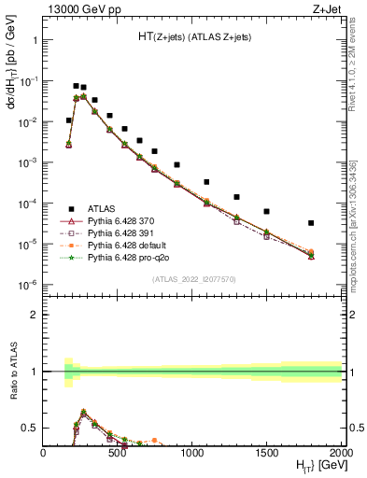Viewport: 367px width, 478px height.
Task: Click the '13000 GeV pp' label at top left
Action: tap(80, 8)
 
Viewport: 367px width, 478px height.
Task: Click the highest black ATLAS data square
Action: tap(77, 86)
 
